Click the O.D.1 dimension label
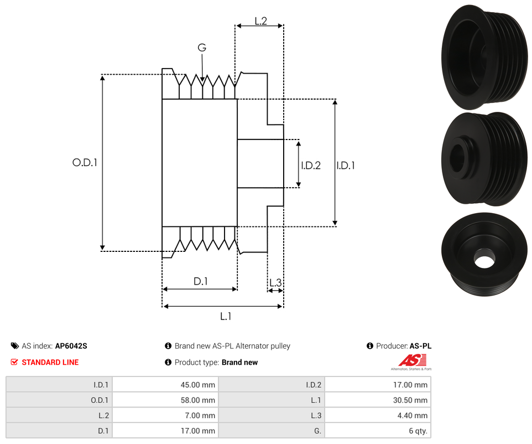85,163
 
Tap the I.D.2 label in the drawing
311,165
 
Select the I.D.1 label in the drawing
346,165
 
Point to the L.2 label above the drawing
260,21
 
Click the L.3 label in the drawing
275,283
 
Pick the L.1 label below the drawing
225,316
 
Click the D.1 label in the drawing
200,281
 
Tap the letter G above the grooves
202,48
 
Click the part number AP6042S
71,346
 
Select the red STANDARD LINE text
50,362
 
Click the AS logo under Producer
410,361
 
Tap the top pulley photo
483,56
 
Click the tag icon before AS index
15,346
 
